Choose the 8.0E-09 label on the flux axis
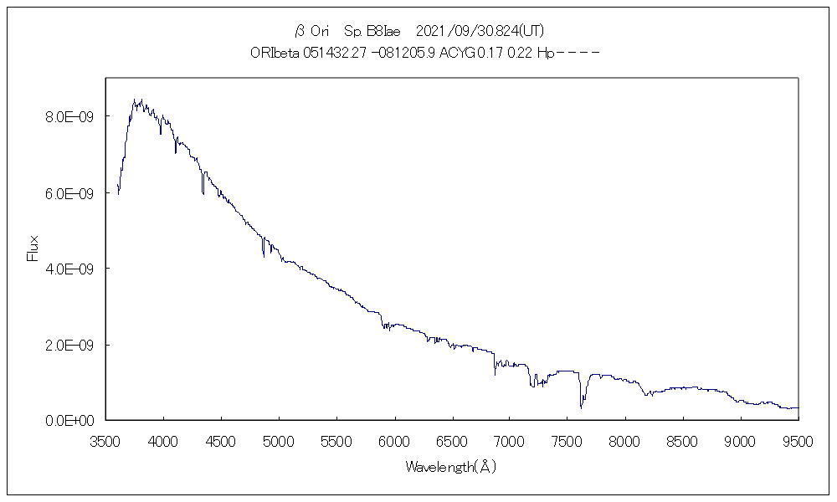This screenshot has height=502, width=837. (69, 116)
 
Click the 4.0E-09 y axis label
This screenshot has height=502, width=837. (69, 269)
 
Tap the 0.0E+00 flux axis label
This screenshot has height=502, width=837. (69, 420)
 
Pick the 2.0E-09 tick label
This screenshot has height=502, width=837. (69, 345)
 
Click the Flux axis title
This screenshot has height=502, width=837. (33, 248)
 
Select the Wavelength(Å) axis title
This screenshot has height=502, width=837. (451, 467)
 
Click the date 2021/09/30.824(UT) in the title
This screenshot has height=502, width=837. (480, 31)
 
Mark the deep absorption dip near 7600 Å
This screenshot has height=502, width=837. (581, 406)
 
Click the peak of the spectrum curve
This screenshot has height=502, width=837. (135, 100)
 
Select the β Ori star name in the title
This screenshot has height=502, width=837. (311, 31)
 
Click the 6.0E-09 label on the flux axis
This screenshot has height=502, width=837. (69, 192)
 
